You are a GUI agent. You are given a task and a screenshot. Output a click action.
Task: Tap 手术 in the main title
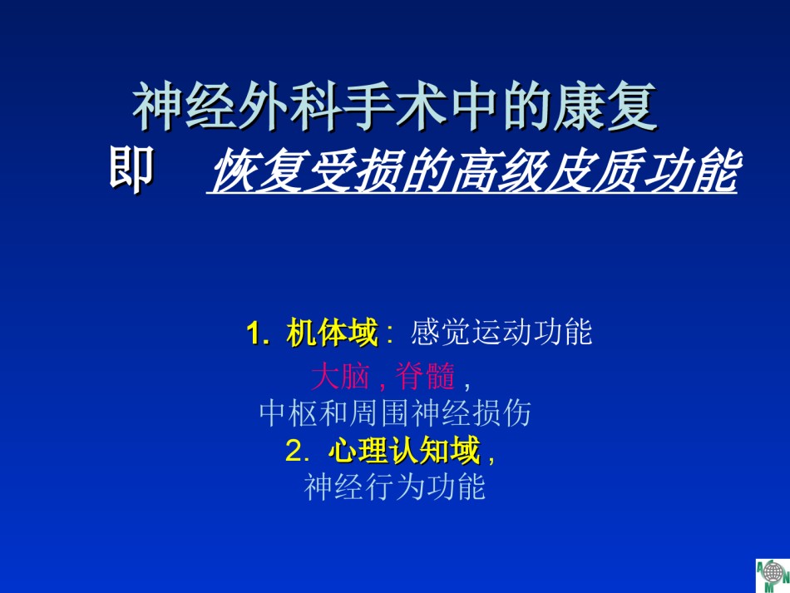coord(396,106)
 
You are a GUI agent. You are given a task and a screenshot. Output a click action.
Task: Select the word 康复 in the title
coord(605,106)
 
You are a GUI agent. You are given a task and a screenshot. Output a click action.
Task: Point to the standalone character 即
coord(131,170)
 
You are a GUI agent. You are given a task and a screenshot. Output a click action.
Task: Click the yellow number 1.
coord(254,334)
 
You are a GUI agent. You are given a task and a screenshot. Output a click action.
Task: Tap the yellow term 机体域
coord(332,333)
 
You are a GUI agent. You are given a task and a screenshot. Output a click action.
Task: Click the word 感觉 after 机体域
coord(440,333)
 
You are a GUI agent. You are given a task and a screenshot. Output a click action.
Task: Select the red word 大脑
coord(341,376)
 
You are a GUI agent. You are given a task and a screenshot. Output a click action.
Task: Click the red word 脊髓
coord(425,376)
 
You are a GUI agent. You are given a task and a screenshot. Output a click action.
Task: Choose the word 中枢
coord(289,413)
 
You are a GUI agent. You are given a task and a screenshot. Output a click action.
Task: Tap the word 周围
coord(379,413)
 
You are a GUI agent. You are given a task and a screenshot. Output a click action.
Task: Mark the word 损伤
coord(501,413)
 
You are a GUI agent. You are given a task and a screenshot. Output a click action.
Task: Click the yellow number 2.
coord(294,451)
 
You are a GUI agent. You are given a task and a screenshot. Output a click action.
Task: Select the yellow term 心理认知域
coord(405,450)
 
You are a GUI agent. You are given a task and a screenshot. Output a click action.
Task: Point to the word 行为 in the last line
coord(394,487)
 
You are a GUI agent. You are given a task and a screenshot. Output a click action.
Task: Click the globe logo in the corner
coord(773,575)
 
